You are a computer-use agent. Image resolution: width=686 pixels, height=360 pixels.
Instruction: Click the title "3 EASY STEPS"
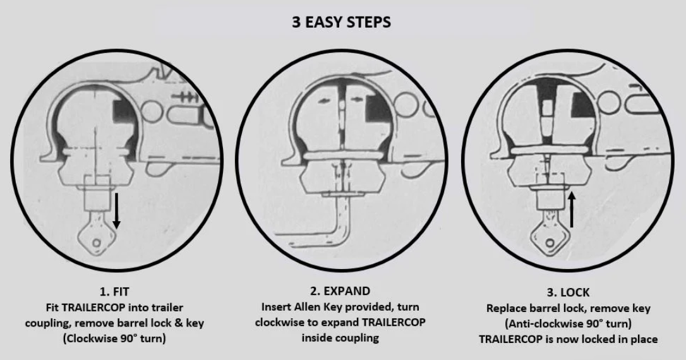tap(341, 22)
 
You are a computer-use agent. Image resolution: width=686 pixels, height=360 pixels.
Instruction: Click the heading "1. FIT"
tap(114, 291)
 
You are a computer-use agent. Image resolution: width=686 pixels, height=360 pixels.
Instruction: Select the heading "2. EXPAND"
tap(340, 291)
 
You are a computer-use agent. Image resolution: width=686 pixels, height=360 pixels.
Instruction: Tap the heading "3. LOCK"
tap(568, 292)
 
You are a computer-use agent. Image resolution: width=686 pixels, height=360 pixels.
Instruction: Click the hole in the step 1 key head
tap(97, 243)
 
